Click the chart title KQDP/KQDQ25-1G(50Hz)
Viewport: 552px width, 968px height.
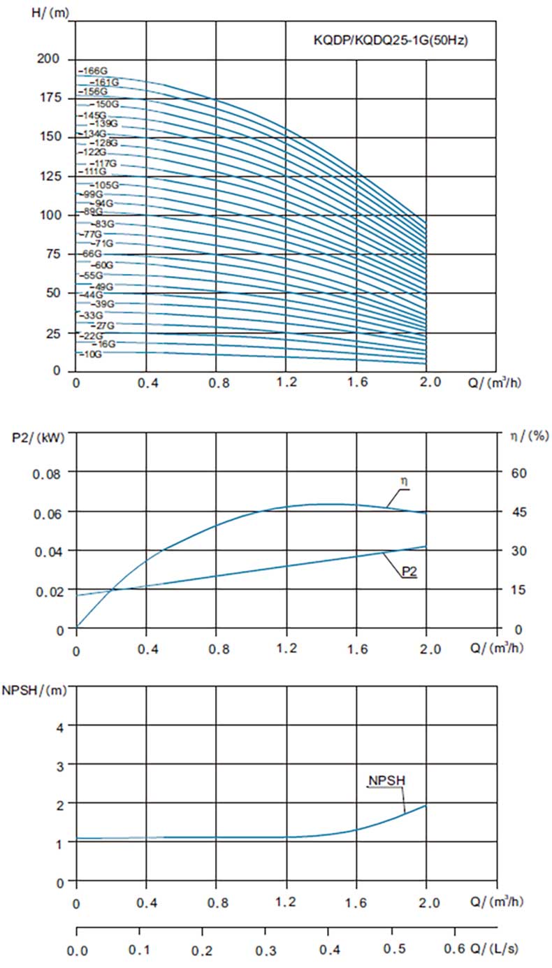(390, 41)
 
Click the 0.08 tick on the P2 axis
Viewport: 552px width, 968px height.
(48, 472)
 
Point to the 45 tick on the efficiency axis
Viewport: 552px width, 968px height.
(517, 512)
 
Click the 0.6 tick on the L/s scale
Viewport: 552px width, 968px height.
(456, 951)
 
